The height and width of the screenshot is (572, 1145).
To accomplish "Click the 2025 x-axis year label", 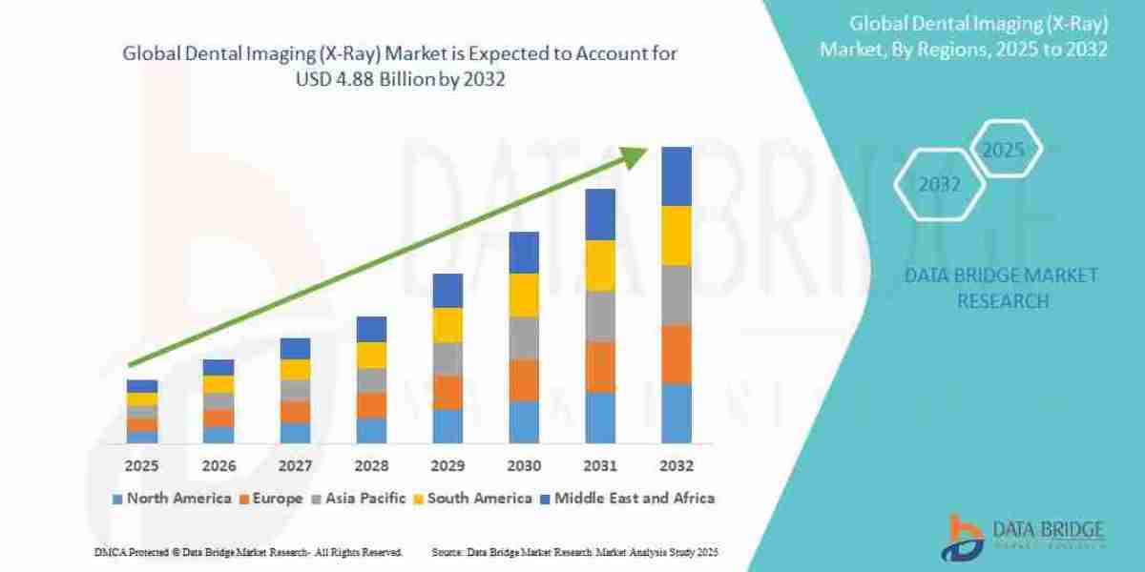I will tap(141, 466).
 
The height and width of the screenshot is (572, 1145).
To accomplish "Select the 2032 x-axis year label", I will tap(676, 466).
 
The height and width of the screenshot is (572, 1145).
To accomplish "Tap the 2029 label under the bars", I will tap(447, 466).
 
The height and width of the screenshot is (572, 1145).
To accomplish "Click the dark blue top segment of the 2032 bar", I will tap(676, 176).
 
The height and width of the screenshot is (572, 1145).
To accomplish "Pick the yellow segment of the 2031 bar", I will tap(599, 265).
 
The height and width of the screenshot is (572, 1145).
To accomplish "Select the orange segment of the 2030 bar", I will tap(523, 379).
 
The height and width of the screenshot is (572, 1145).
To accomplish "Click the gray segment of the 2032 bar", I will tap(676, 295).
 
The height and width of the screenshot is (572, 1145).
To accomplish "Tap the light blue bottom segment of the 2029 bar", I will tap(447, 425).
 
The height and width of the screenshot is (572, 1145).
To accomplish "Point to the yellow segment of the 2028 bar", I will tap(370, 355).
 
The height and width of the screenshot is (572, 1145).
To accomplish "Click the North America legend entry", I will tap(172, 498).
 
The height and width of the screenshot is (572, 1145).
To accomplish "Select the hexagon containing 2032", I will tap(939, 185).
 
